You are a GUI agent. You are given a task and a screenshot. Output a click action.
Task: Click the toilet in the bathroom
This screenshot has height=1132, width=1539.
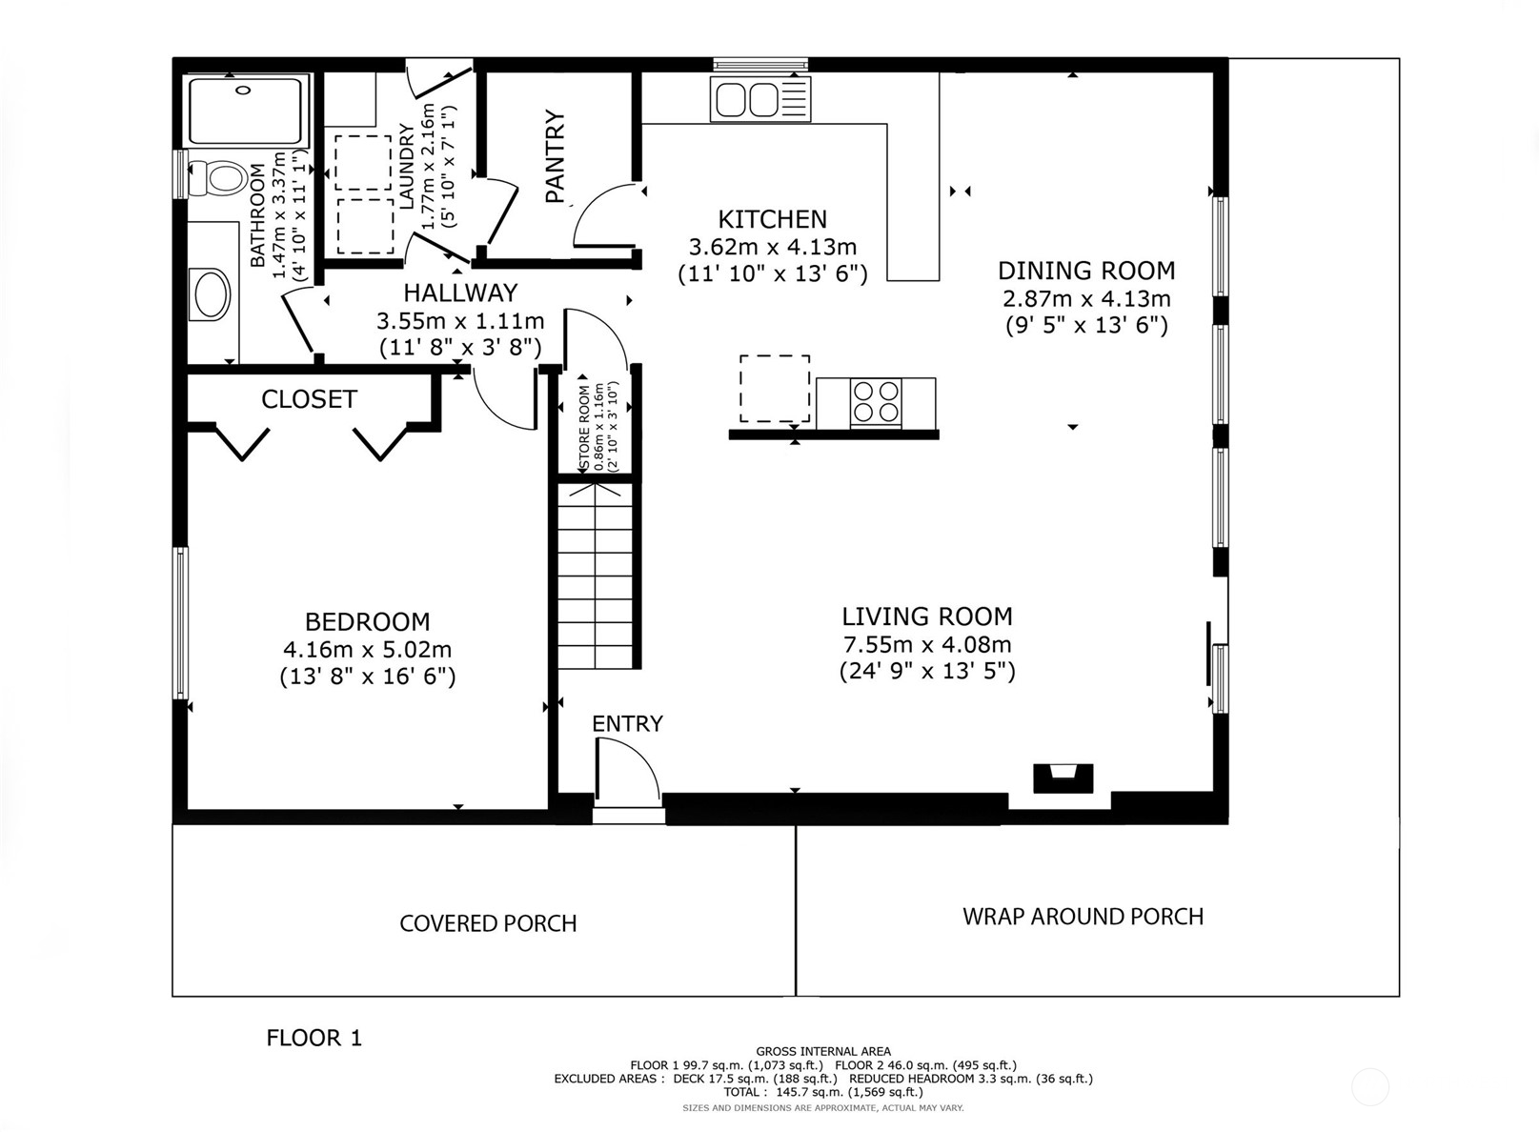pos(218,176)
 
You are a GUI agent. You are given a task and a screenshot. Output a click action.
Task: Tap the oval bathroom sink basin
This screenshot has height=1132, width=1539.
pos(213,294)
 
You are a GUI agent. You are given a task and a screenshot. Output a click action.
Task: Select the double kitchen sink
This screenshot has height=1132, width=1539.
pos(761,99)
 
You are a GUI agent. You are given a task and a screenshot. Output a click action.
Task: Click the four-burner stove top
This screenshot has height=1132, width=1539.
pos(876,401)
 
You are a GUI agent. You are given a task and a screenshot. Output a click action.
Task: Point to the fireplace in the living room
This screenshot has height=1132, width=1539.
pos(1063,778)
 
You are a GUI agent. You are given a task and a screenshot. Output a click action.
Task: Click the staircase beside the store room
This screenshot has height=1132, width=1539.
pos(595,576)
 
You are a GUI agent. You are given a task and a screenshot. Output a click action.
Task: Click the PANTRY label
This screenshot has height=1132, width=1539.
pos(556,156)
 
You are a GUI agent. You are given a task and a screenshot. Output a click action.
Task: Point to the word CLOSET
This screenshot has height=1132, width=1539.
pos(309,399)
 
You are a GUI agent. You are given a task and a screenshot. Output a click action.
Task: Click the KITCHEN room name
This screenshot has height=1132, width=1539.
pos(772,219)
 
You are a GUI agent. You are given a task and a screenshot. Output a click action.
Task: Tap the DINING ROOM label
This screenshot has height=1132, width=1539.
pos(1086,271)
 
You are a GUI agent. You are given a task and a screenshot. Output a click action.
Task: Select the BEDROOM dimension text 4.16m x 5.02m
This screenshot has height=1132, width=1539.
pos(368,649)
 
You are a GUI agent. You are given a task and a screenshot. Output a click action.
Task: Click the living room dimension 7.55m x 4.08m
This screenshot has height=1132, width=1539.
pos(927,644)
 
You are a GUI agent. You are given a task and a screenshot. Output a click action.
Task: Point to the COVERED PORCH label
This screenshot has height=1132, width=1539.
pos(488,924)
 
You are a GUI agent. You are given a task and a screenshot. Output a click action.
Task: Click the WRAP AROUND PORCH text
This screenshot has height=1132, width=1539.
pos(1083,917)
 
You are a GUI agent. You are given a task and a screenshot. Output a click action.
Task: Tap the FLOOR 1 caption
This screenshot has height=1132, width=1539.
pos(314,1038)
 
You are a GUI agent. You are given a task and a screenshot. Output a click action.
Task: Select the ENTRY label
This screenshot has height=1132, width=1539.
pos(627,723)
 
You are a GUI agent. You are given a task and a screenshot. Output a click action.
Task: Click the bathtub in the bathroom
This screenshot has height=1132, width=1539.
pos(245,111)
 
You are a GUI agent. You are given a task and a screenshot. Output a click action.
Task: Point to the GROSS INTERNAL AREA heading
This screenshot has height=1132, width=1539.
pos(823,1051)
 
